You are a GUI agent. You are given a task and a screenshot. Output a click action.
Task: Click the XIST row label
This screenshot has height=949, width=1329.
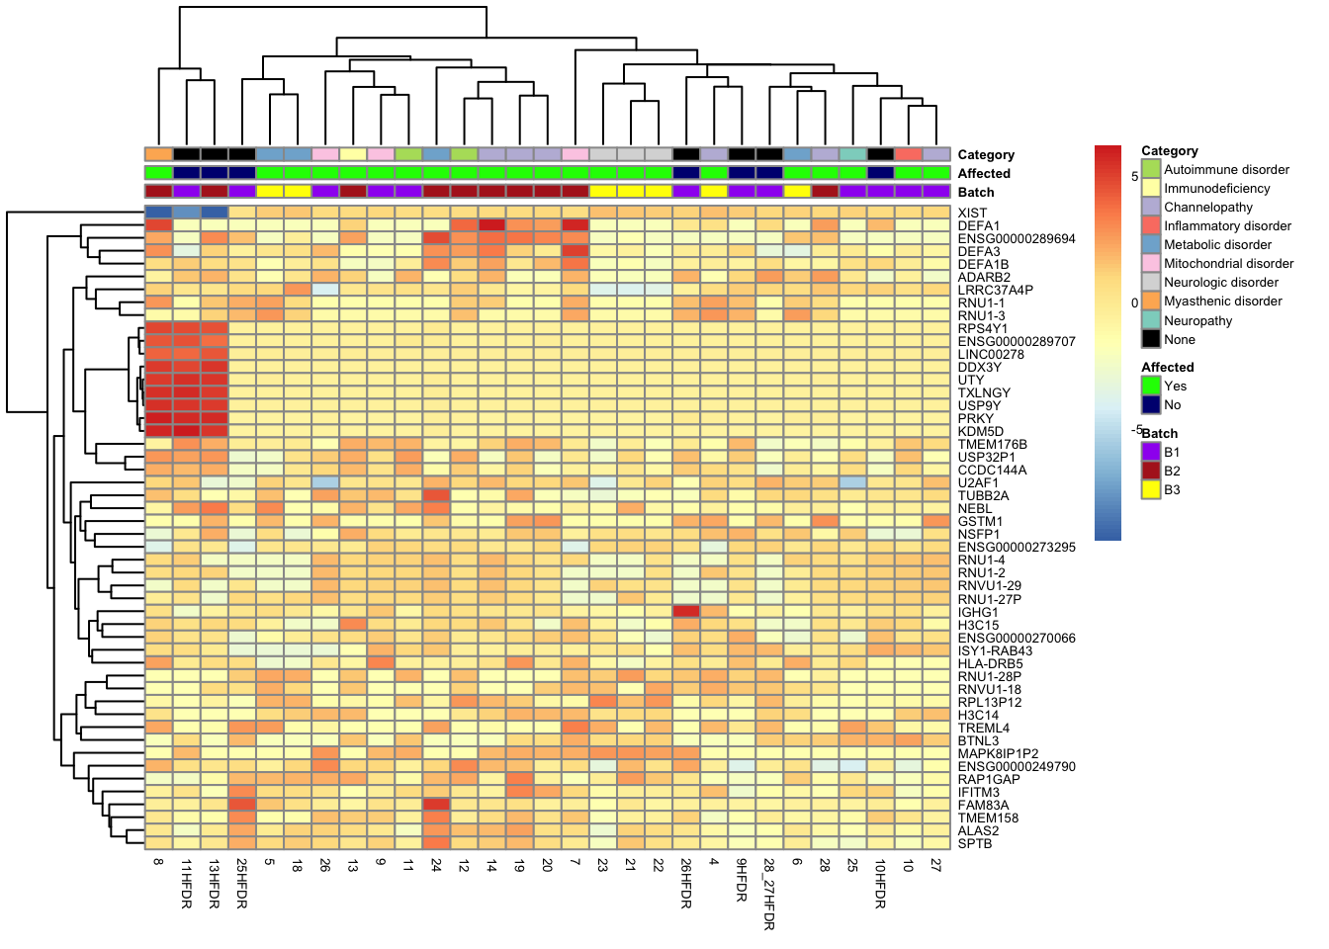pos(972,213)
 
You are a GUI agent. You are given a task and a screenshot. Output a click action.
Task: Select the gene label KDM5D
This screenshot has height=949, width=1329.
pos(980,431)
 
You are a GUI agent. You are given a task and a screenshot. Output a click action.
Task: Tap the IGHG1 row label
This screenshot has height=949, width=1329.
pos(978,612)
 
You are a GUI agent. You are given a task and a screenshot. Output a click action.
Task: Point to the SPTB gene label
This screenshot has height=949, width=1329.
pos(974,843)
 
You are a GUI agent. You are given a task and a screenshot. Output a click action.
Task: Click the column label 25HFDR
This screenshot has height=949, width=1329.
pos(241,883)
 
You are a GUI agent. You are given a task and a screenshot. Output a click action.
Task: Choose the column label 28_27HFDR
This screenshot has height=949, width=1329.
pos(768,894)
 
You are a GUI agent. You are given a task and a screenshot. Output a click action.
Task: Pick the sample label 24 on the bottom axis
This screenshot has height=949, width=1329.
pos(436,864)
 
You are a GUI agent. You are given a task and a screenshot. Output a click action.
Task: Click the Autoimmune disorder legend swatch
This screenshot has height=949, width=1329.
pos(1151,169)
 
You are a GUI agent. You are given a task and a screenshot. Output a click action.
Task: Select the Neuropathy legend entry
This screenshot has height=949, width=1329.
pos(1197,320)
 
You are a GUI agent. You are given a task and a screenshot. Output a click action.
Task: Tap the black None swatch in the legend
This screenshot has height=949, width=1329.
pos(1151,339)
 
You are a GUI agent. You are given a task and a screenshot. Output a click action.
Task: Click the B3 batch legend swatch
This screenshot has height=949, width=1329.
pos(1151,489)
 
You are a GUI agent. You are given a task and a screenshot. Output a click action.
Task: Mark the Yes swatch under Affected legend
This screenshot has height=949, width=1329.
pos(1151,386)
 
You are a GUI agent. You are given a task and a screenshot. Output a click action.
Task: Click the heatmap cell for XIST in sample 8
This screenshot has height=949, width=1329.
pos(158,213)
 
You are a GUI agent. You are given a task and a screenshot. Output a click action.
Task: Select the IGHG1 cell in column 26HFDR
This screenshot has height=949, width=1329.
pos(686,612)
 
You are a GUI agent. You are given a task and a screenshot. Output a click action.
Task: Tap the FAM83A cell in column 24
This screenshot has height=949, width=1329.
pos(436,805)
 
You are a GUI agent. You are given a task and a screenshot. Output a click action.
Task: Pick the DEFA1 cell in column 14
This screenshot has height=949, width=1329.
pos(491,225)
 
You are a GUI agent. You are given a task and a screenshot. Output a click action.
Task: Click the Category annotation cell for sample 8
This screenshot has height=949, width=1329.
pos(158,154)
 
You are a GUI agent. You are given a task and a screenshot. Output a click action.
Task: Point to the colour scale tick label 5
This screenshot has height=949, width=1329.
pos(1135,176)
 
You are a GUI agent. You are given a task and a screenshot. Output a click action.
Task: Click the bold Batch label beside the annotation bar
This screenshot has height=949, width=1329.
pos(975,192)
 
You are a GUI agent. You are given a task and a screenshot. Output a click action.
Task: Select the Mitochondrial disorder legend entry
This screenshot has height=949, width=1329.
pos(1228,263)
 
